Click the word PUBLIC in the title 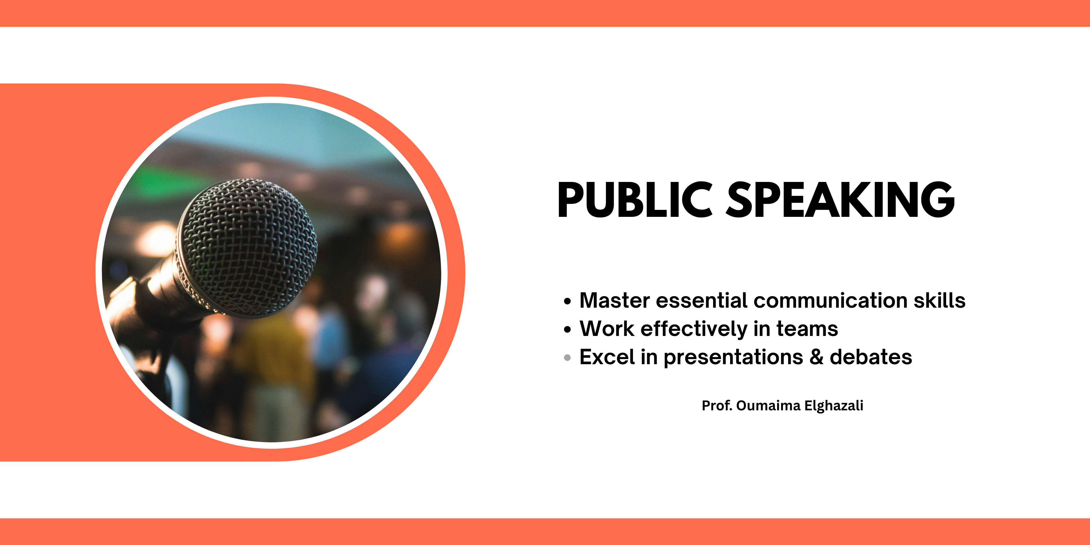click(635, 200)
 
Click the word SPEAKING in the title click(840, 200)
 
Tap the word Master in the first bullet click(614, 300)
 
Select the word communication click(830, 300)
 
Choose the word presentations click(733, 358)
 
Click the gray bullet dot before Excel click(567, 358)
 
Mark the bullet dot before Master click(567, 301)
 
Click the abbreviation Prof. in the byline click(717, 405)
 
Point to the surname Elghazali click(834, 405)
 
